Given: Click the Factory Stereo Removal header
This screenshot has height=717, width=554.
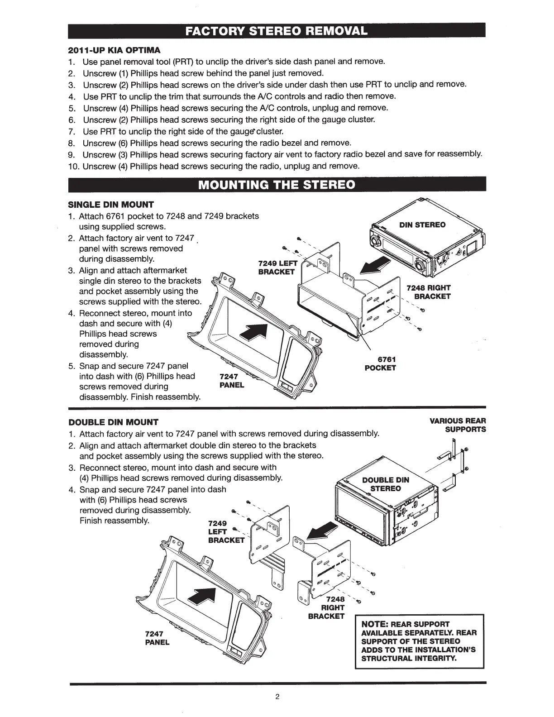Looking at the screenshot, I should (277, 32).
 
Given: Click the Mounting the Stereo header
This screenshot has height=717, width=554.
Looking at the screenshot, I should (277, 185).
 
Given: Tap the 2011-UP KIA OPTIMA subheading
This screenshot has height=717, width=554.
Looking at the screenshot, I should (114, 50).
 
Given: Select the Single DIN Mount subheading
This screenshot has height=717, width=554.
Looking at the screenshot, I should (111, 205).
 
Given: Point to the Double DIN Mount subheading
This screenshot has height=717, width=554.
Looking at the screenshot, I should (113, 423).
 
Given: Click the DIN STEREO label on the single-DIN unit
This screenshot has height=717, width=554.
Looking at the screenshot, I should (422, 225).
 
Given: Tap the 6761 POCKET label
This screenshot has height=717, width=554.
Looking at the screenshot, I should (380, 363).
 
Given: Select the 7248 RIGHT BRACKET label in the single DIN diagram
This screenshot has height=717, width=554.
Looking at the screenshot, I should (428, 292).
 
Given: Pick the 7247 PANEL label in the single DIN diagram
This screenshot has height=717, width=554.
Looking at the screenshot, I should (231, 381).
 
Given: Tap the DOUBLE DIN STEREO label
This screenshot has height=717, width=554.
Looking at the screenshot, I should (386, 484).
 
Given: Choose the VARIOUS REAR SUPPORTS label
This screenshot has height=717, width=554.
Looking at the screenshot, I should (458, 425).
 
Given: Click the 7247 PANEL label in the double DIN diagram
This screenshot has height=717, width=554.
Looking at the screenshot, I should (157, 638).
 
